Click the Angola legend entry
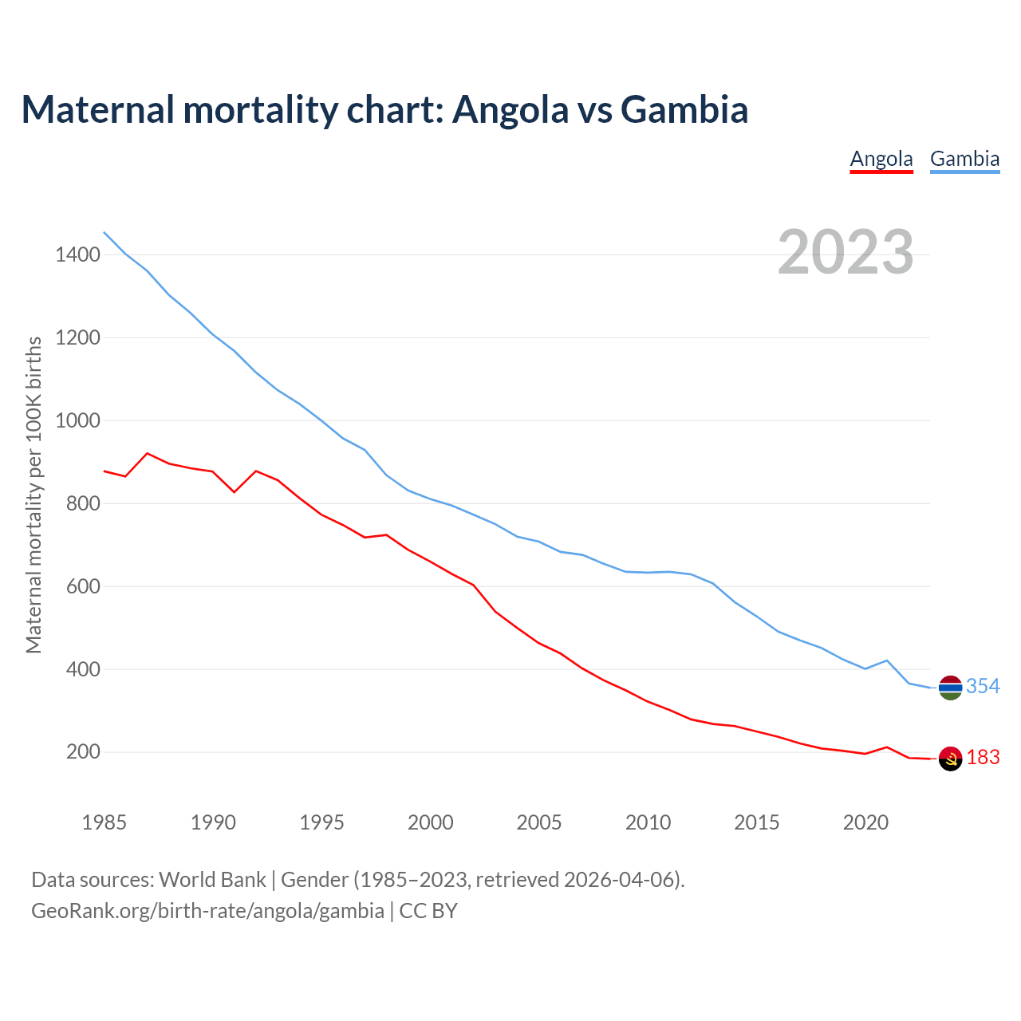(x=881, y=159)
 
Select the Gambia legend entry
(x=964, y=159)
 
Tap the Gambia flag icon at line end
(x=950, y=688)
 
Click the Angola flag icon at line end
(x=950, y=759)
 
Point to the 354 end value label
(x=983, y=686)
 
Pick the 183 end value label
(x=983, y=757)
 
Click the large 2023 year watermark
(x=846, y=252)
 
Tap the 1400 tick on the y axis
(x=77, y=255)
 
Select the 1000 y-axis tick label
(x=77, y=420)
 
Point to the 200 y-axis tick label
(x=83, y=752)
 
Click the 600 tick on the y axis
(x=83, y=586)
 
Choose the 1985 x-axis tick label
(x=104, y=822)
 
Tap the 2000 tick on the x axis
(x=431, y=822)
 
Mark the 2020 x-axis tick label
(x=865, y=822)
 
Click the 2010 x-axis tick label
(x=648, y=822)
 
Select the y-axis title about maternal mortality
(x=34, y=495)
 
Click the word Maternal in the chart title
(x=98, y=109)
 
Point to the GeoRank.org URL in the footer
(x=207, y=910)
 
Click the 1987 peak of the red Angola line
(x=148, y=453)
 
